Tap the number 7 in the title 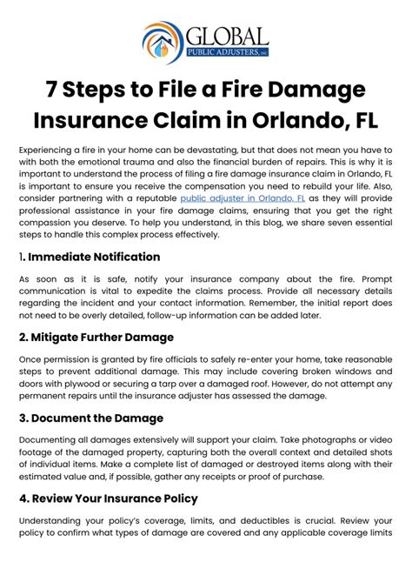pyautogui.click(x=54, y=90)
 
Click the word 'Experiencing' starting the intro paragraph pyautogui.click(x=49, y=151)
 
